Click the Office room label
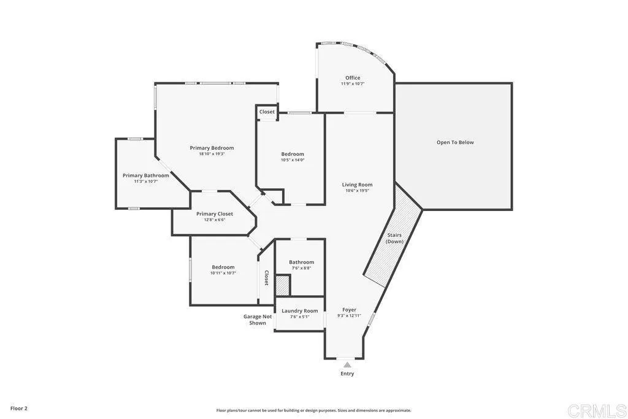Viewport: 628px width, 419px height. point(353,78)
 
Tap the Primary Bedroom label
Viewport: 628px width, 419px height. point(212,148)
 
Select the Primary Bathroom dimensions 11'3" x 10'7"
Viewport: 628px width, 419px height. point(145,182)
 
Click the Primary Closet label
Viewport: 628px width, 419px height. point(214,214)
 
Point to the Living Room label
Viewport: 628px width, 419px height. point(357,185)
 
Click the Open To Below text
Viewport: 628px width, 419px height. point(455,142)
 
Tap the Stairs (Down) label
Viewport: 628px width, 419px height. point(394,238)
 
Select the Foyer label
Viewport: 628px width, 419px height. point(349,310)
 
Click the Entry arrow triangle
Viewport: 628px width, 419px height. point(347,364)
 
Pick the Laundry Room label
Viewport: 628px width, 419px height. point(300,311)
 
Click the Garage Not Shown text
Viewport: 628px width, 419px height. point(258,320)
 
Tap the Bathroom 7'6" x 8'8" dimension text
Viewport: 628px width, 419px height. point(301,268)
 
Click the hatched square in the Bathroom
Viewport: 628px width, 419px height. point(281,286)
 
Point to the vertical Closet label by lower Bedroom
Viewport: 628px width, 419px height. point(266,278)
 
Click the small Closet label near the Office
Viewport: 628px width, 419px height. point(267,112)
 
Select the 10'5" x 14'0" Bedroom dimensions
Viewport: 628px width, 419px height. point(293,160)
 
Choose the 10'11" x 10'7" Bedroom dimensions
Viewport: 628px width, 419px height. point(223,273)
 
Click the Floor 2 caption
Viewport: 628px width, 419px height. point(19,408)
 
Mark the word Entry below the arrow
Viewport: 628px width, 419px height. point(347,374)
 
